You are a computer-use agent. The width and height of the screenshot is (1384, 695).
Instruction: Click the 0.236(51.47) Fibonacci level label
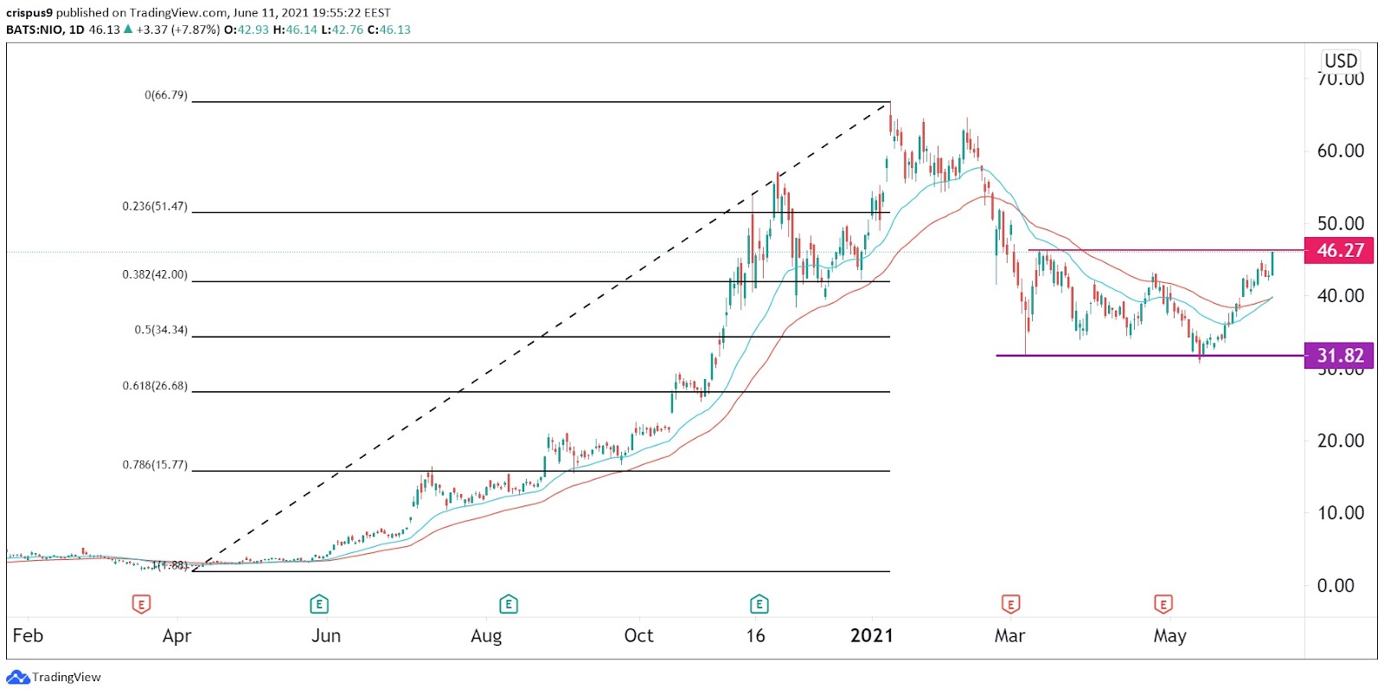point(155,207)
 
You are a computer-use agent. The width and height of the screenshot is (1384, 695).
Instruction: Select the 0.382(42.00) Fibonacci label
point(155,275)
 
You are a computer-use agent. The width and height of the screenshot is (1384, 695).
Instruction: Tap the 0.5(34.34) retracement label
point(161,331)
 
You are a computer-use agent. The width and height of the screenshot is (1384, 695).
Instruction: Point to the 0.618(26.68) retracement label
point(155,386)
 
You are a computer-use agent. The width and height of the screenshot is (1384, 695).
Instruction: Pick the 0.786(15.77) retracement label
point(155,465)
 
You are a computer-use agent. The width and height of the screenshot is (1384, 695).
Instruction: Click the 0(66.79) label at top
point(166,95)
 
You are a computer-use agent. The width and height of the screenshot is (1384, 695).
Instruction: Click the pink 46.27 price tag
point(1339,251)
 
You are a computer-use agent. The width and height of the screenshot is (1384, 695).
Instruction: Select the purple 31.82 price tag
point(1339,356)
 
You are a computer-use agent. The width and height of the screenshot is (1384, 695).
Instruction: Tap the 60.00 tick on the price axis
point(1340,151)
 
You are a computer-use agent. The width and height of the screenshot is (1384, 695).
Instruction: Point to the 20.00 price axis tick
point(1340,441)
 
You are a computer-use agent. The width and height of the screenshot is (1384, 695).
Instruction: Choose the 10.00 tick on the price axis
point(1340,513)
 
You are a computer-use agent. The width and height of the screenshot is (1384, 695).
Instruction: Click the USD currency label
point(1341,61)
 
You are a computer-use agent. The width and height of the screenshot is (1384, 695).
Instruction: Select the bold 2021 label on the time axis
point(871,636)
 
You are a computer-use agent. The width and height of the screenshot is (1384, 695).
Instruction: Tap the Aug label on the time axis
point(486,636)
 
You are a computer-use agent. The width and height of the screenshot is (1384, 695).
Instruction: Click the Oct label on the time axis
point(639,636)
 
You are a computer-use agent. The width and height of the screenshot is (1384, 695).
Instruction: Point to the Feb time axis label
point(28,636)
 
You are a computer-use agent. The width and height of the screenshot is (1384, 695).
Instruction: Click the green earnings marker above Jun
point(318,604)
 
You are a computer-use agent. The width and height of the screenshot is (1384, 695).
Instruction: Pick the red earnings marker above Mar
point(1009,604)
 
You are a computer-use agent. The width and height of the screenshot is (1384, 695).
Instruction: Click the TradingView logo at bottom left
point(54,678)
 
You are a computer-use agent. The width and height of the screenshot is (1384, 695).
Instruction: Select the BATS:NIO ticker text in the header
point(34,29)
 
